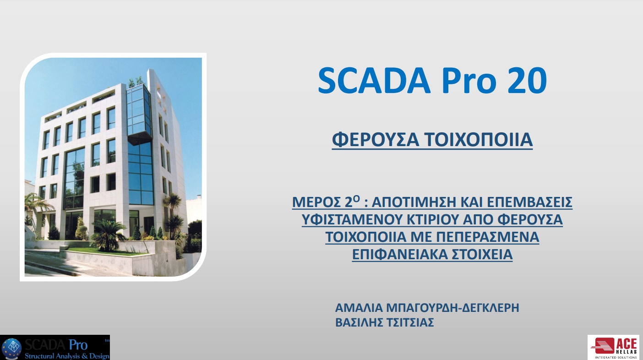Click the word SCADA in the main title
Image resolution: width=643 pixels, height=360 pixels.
click(374, 81)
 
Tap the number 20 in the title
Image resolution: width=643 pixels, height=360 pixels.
click(527, 81)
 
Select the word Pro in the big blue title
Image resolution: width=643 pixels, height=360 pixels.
click(469, 81)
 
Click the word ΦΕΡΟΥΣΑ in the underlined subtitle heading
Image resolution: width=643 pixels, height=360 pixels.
click(376, 140)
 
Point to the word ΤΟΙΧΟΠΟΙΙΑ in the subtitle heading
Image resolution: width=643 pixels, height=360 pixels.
click(479, 140)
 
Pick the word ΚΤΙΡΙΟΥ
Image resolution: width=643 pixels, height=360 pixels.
click(433, 219)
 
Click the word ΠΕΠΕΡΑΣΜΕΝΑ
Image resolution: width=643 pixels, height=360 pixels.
click(488, 237)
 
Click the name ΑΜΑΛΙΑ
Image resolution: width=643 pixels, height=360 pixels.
click(359, 308)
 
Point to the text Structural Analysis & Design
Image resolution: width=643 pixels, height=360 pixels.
click(67, 356)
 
